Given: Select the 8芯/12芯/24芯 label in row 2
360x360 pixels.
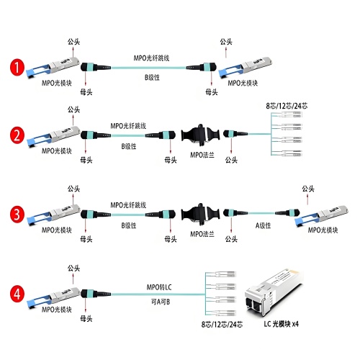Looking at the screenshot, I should pos(287,106).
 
